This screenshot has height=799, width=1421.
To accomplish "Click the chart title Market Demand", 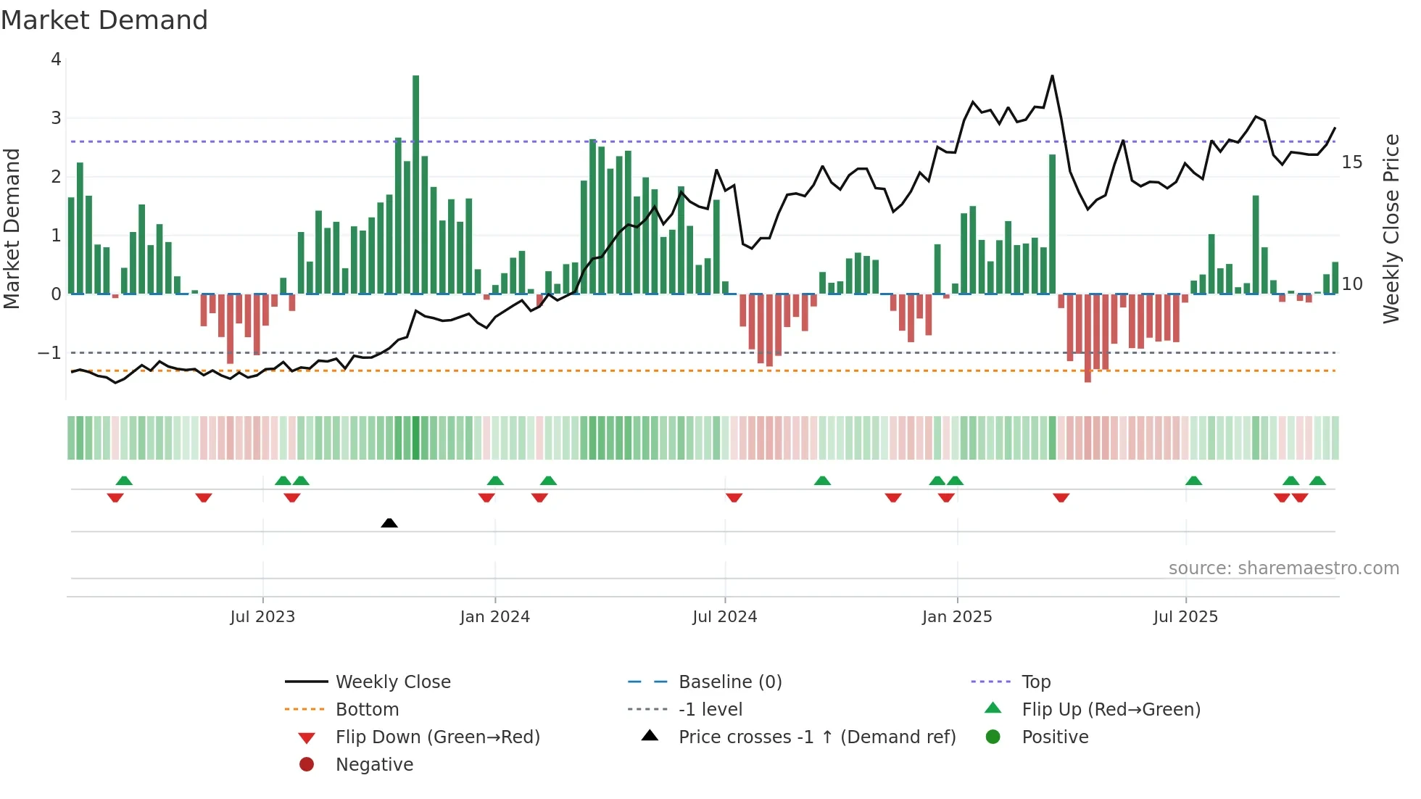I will click(x=104, y=20).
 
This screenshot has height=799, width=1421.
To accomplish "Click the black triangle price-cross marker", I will click(x=389, y=523).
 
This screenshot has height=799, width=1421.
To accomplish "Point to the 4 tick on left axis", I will click(x=56, y=59).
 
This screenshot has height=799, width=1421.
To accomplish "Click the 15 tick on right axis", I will click(x=1351, y=162).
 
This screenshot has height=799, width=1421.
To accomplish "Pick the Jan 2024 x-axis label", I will click(x=494, y=617).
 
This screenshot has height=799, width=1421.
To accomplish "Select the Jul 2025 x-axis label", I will click(x=1185, y=617).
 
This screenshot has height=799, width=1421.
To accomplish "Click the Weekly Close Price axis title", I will click(x=1391, y=228).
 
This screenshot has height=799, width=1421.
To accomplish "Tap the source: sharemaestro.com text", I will click(x=1283, y=568).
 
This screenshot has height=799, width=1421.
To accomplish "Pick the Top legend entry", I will click(x=1035, y=682).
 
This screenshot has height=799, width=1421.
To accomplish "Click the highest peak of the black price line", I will click(x=1052, y=76).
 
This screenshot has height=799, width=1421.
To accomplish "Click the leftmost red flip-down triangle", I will click(x=115, y=498).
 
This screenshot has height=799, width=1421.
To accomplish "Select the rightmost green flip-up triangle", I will click(x=1317, y=481).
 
